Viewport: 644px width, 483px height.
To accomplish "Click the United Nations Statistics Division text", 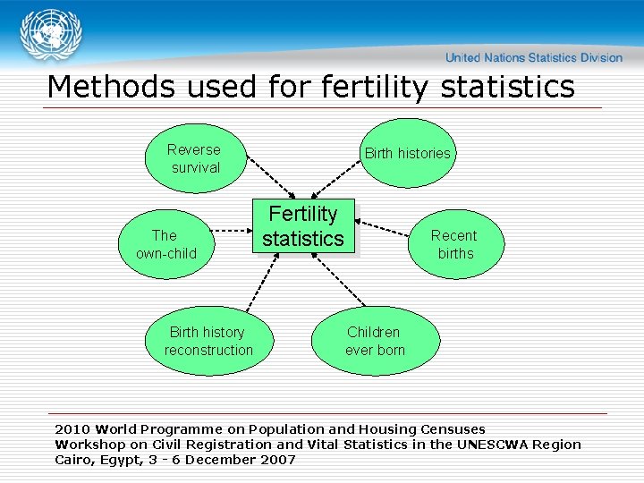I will pos(534,57).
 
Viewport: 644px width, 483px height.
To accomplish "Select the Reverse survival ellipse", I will pos(195,158).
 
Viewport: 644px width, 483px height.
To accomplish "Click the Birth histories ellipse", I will pos(407,153).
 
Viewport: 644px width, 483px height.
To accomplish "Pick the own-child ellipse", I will pos(165,244).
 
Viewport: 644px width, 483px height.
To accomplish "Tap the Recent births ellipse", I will pos(454,244).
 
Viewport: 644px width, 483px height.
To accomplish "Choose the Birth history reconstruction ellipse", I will pos(208,341).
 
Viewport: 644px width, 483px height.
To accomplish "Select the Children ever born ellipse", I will pos(375,341).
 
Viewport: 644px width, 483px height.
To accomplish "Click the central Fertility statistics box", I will pos(303,226).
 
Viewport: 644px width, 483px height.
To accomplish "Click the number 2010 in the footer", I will pos(72,429).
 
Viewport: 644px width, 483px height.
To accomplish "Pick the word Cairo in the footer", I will pos(74,460).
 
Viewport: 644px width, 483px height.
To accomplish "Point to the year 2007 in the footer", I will pos(276,460).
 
